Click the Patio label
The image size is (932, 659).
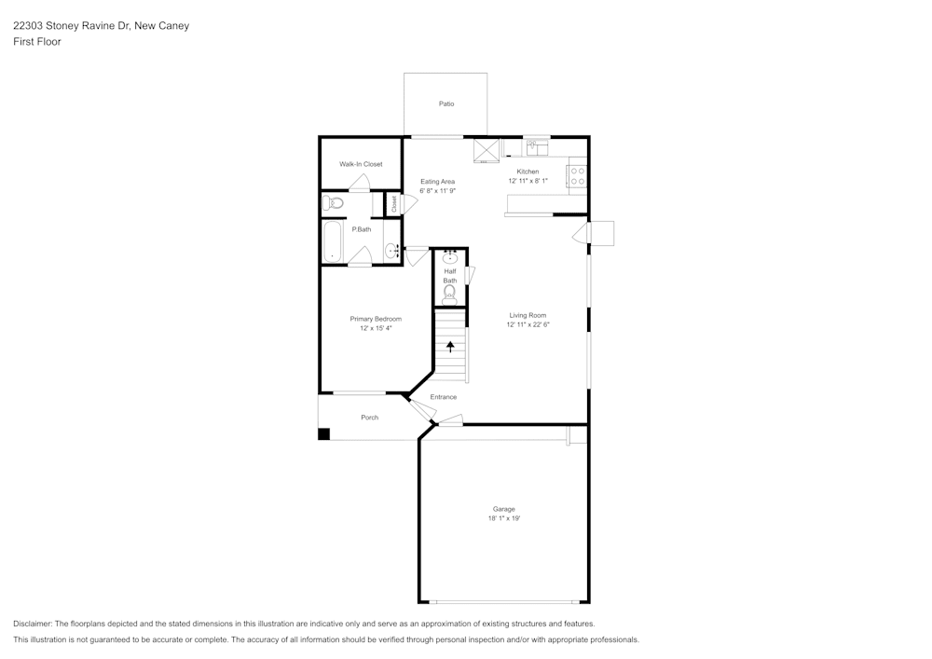click(446, 103)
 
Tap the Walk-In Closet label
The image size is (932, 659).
click(361, 164)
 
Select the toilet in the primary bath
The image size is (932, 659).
click(333, 203)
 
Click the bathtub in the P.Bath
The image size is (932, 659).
click(333, 242)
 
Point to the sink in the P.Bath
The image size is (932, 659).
click(391, 250)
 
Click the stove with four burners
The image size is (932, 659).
click(577, 175)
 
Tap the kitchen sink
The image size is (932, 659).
click(537, 147)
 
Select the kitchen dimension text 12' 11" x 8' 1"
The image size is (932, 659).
click(528, 181)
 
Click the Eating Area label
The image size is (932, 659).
click(437, 182)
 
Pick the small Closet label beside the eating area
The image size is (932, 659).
click(393, 202)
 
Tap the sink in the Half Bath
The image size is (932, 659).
click(450, 258)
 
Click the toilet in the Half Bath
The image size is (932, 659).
click(450, 294)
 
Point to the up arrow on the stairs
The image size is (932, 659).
click(450, 347)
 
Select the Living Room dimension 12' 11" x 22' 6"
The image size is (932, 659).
click(528, 325)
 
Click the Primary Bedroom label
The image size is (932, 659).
click(376, 319)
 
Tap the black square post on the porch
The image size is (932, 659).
click(323, 433)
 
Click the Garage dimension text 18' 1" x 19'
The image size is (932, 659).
click(503, 518)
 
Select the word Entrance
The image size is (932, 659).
click(444, 397)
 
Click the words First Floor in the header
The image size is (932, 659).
click(37, 42)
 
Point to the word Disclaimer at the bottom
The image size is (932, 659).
click(33, 624)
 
